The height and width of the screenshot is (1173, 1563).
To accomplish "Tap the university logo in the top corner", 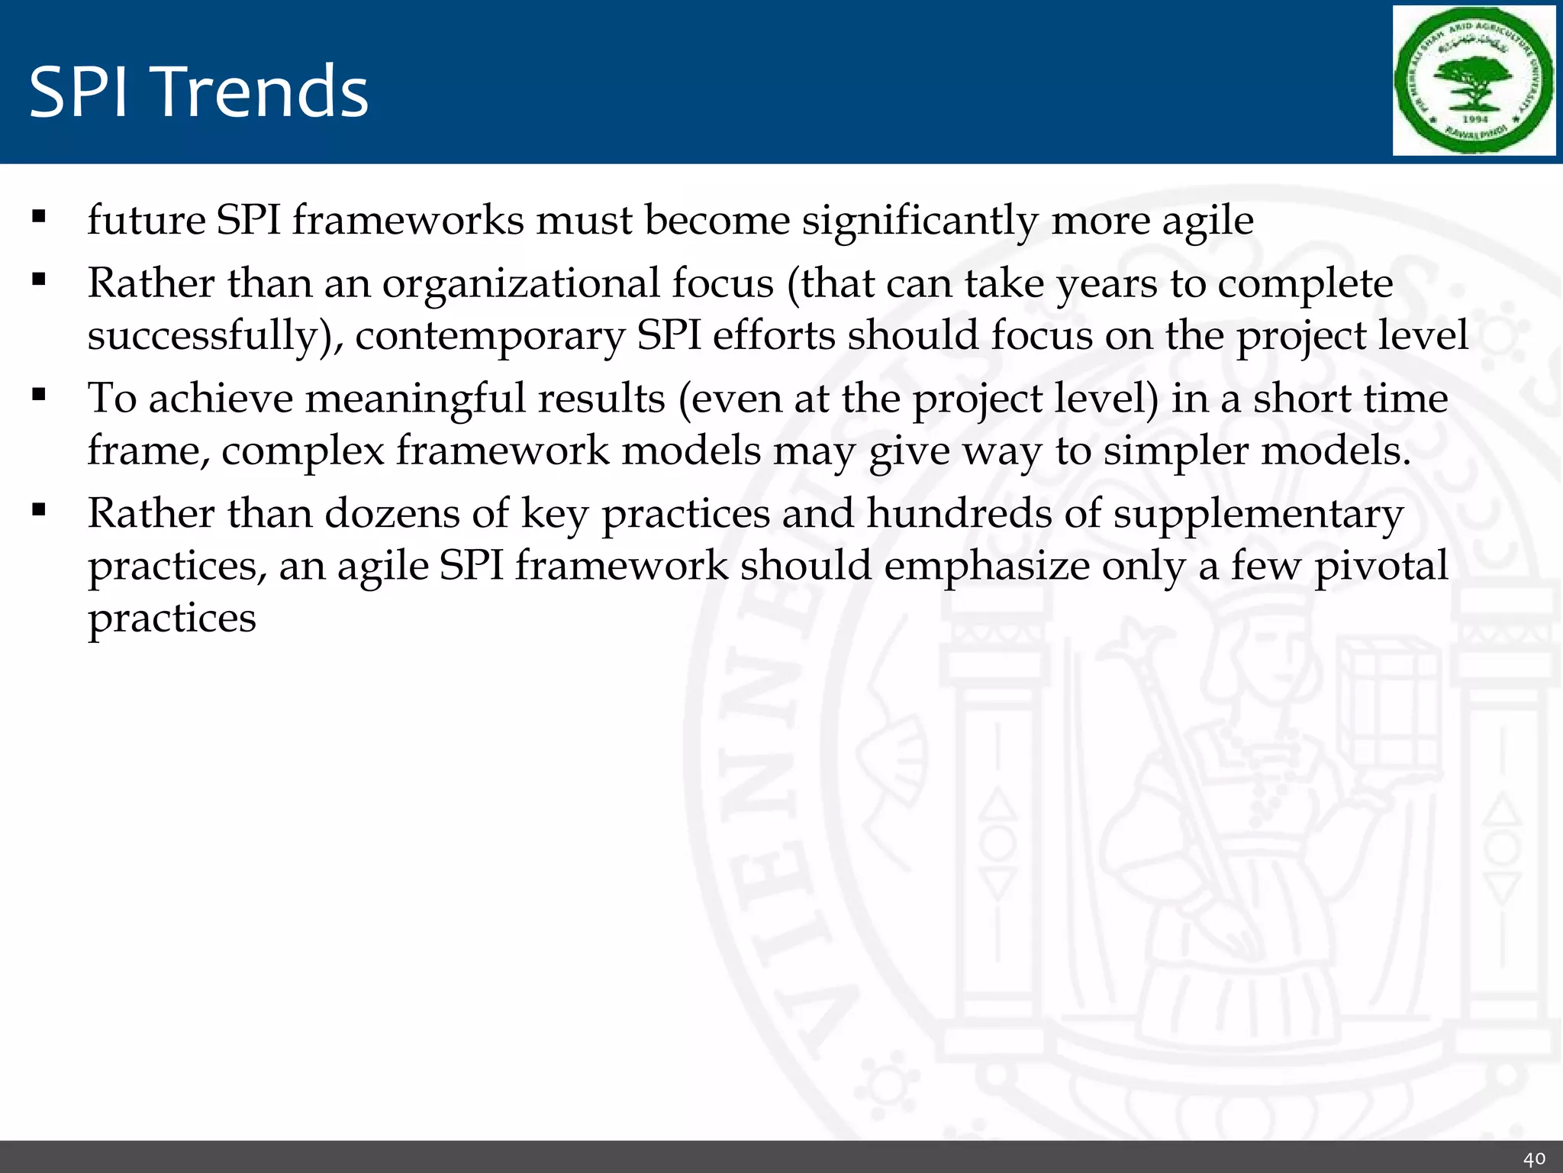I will [1474, 81].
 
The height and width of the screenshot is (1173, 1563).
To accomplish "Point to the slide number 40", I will [1534, 1158].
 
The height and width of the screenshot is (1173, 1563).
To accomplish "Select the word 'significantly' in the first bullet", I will [920, 221].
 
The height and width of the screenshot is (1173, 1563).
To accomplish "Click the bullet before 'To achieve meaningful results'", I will [39, 395].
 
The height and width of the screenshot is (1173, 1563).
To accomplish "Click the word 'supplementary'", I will [1258, 515].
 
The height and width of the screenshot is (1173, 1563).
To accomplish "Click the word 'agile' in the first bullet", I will [1207, 221].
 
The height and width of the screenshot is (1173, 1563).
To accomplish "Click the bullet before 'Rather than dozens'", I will [39, 509].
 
